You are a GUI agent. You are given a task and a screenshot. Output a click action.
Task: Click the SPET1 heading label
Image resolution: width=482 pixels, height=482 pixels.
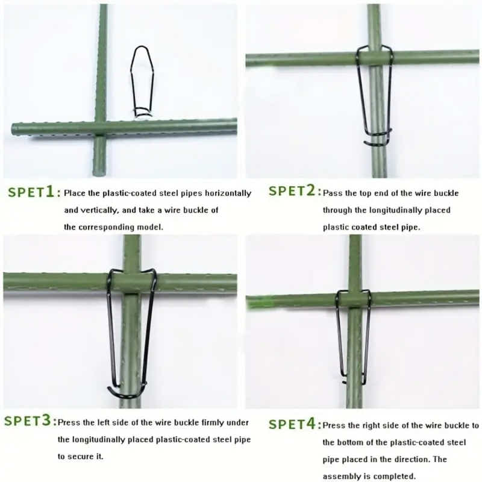[34, 193]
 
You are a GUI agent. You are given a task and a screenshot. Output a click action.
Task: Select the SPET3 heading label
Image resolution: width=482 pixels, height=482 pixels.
[30, 421]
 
